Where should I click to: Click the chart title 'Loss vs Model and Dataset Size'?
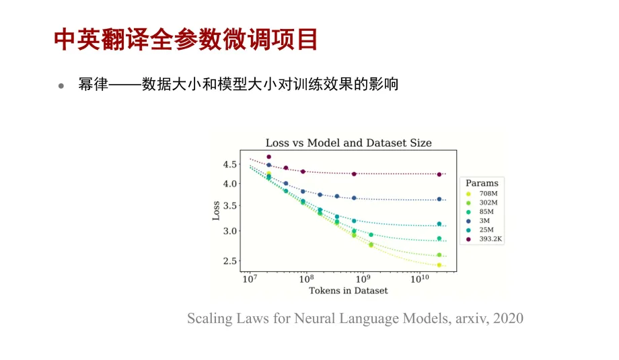[349, 143]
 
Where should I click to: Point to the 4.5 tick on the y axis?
[229, 164]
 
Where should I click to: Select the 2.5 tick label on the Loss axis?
[229, 261]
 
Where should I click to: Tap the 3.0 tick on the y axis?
[229, 231]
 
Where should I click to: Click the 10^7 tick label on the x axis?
[250, 279]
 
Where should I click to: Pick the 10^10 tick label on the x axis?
[420, 279]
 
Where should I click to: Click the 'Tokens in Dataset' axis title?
[349, 291]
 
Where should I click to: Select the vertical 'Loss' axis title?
[216, 211]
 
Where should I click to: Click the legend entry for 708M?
[482, 193]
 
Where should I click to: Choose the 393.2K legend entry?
[484, 239]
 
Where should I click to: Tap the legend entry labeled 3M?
[478, 221]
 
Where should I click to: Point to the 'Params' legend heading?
[482, 183]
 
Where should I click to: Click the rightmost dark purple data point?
[439, 174]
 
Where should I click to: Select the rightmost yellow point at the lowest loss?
[439, 265]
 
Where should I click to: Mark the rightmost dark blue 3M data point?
[439, 199]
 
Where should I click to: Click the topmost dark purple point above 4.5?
[269, 157]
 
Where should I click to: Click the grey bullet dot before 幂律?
[61, 85]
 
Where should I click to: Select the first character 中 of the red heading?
[65, 40]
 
